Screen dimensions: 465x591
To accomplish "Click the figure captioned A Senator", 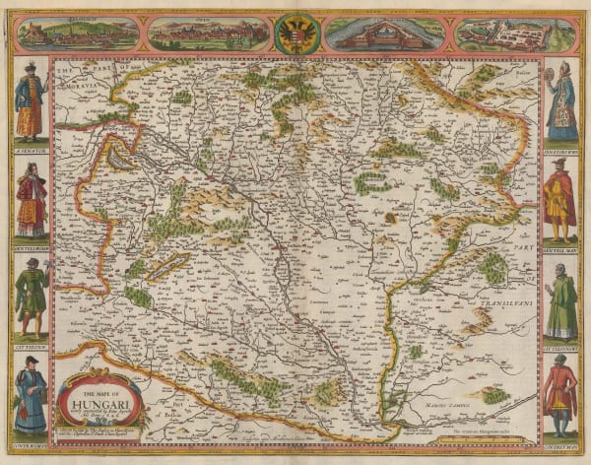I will pos(30,100).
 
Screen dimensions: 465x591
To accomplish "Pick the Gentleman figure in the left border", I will pos(30,201).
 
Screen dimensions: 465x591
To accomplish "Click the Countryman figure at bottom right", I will pos(560,395).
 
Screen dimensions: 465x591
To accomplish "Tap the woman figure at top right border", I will pos(560,100).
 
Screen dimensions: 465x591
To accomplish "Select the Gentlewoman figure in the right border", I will pos(560,201).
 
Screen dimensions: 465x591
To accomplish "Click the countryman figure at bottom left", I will pos(30,395).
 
